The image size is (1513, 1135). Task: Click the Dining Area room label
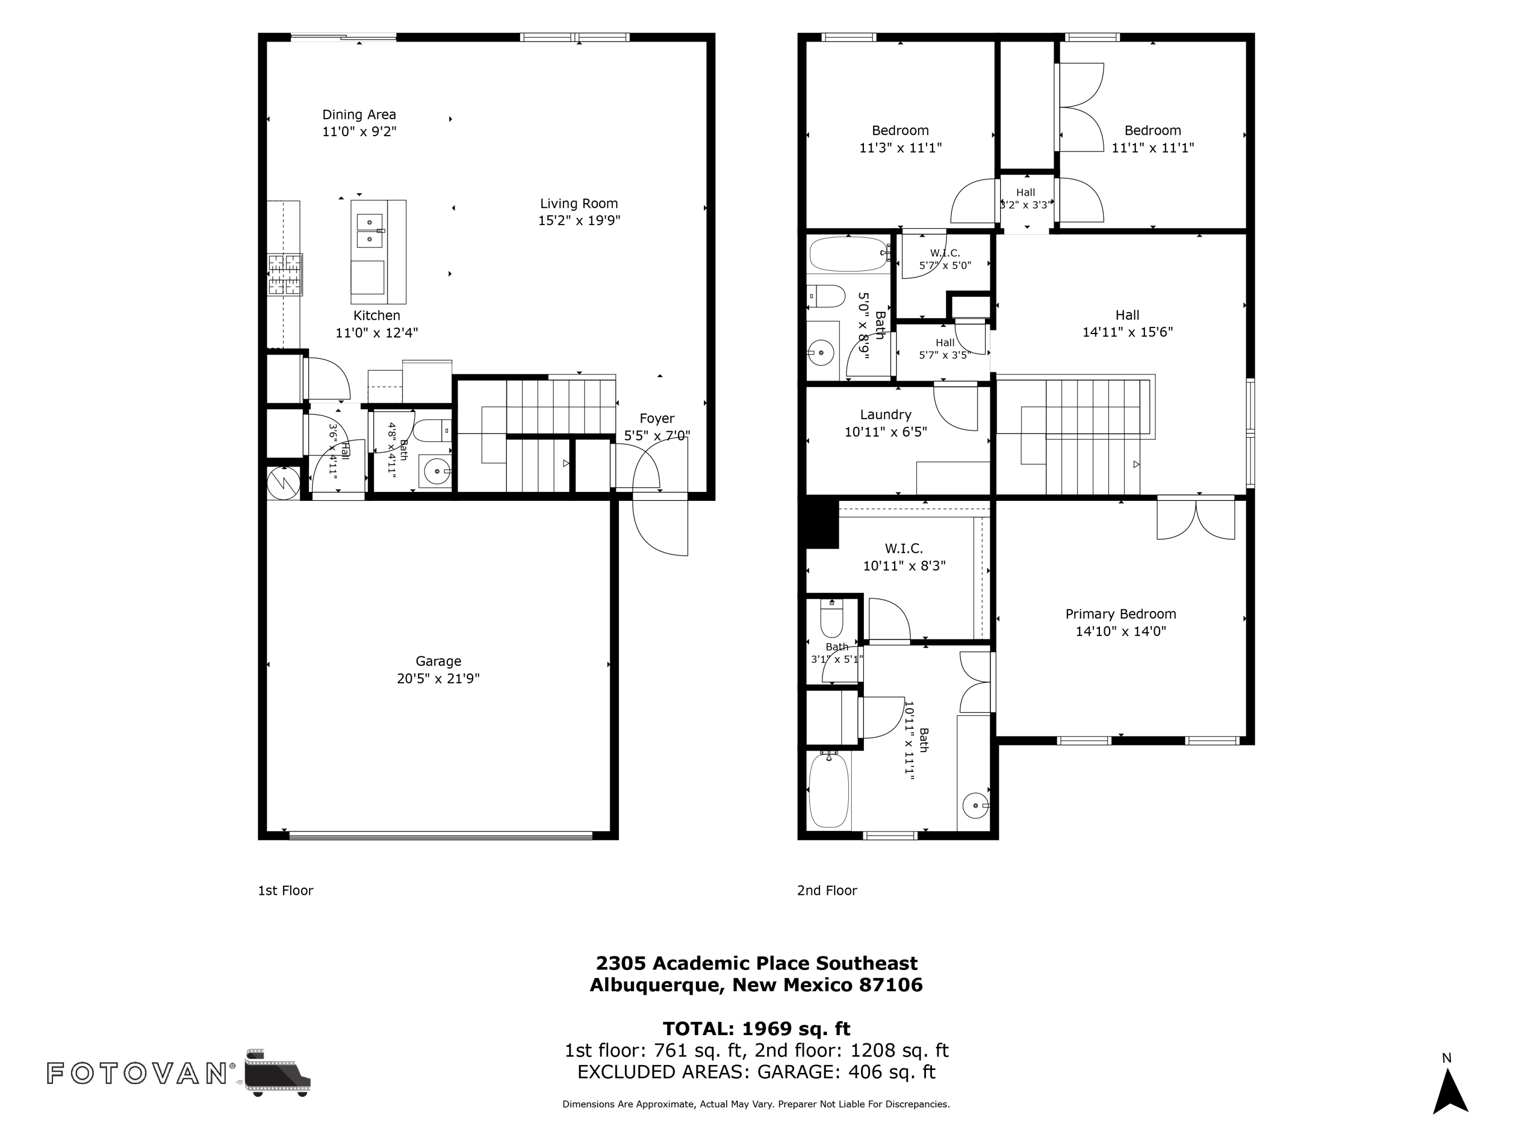(x=359, y=115)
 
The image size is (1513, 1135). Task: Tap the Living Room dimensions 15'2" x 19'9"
(x=579, y=220)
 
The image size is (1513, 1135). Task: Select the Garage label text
(x=438, y=661)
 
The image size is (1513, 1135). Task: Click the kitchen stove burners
(x=284, y=274)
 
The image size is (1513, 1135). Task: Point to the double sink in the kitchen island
(x=369, y=231)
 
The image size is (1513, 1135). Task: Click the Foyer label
(x=657, y=419)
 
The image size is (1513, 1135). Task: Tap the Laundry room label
(x=886, y=415)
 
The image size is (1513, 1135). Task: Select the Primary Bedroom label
(x=1121, y=614)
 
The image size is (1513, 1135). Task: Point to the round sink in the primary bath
(x=975, y=806)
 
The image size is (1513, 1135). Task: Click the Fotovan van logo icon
(x=277, y=1073)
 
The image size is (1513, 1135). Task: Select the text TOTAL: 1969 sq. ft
(x=756, y=1029)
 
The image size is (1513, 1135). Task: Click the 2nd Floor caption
(x=827, y=891)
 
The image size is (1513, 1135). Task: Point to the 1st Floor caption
(x=285, y=891)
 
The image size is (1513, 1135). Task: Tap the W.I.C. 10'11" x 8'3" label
(x=904, y=557)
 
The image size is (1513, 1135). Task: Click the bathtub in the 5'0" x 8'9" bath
(x=849, y=255)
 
